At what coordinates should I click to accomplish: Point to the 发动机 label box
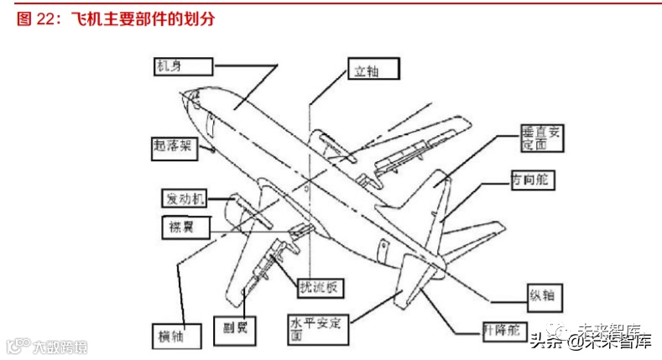click(x=185, y=199)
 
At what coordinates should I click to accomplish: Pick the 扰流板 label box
click(x=320, y=287)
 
